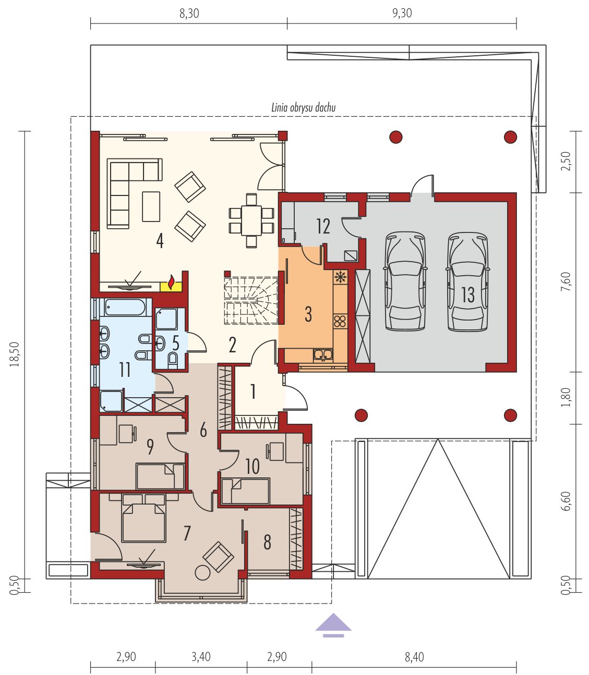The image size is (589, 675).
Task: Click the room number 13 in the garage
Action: tap(468, 294)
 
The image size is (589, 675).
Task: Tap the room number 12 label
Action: tap(323, 226)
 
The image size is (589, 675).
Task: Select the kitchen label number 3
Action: tap(308, 314)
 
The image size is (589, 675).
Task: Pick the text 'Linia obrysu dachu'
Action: tap(304, 107)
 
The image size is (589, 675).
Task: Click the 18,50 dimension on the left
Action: tap(15, 354)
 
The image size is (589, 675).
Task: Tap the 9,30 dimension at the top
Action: tap(402, 13)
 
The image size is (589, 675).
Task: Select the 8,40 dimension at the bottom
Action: tap(414, 657)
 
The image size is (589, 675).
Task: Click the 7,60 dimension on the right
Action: tap(566, 281)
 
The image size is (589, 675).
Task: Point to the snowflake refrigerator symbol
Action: tap(340, 277)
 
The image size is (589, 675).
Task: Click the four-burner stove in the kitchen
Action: tap(340, 321)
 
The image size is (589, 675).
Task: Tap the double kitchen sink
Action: tap(323, 354)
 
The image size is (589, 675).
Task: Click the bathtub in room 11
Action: tap(125, 307)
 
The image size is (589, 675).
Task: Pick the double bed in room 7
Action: tap(143, 518)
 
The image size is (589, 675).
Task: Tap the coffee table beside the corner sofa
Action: tap(151, 206)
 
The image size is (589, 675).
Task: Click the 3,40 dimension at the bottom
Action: tap(201, 657)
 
